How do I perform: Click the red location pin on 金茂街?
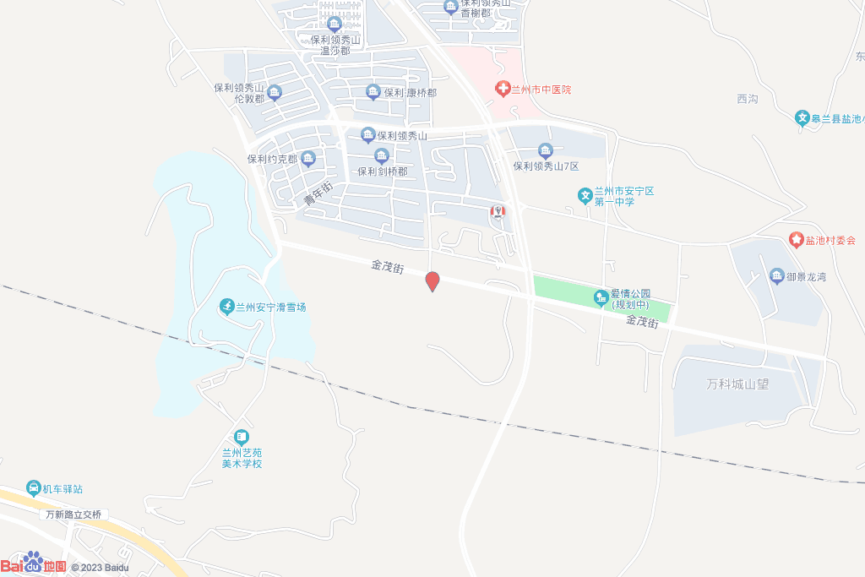click(x=432, y=281)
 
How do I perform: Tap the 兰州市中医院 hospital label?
click(x=541, y=89)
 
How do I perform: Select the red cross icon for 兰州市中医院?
click(x=502, y=88)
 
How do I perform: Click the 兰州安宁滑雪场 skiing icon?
click(x=226, y=307)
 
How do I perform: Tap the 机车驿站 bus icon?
click(x=33, y=488)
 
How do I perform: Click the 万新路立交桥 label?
click(x=73, y=514)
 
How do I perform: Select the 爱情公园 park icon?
click(x=601, y=297)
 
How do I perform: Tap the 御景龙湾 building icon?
click(x=777, y=275)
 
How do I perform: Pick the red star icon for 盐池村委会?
click(x=796, y=240)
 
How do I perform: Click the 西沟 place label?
click(x=747, y=99)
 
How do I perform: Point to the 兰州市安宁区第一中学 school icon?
click(x=585, y=196)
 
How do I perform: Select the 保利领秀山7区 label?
click(x=546, y=166)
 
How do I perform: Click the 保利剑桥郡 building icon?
click(x=382, y=156)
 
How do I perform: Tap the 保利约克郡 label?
click(x=272, y=159)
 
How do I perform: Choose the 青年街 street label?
click(x=318, y=193)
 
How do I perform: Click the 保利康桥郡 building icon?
click(x=373, y=92)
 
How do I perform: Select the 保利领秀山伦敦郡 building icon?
click(x=274, y=92)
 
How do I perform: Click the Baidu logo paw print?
click(x=33, y=561)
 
